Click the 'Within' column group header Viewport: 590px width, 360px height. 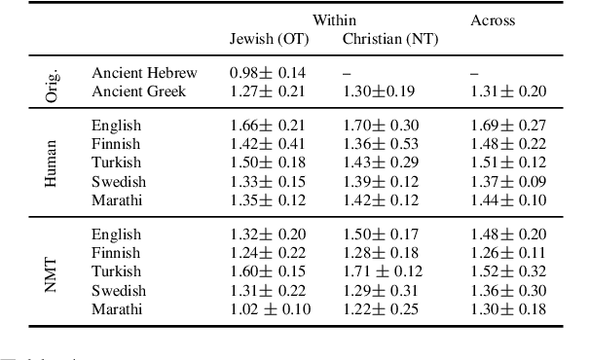pyautogui.click(x=334, y=19)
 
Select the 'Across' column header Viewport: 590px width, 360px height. pyautogui.click(x=493, y=19)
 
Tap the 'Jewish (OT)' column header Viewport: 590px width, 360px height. pyautogui.click(x=268, y=39)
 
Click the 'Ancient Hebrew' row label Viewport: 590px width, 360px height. pyautogui.click(x=144, y=73)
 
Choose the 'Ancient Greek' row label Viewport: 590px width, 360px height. pyautogui.click(x=137, y=91)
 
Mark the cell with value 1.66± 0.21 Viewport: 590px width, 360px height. pyautogui.click(x=268, y=126)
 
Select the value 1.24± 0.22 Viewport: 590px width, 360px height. pyautogui.click(x=268, y=254)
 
